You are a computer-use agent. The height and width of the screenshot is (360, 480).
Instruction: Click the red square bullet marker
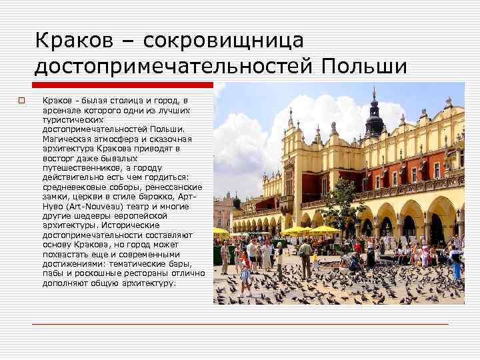(x=21, y=101)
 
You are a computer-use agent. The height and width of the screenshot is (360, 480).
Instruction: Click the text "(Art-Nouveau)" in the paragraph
(x=87, y=207)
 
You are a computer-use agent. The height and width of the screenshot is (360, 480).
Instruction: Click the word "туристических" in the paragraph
(x=71, y=119)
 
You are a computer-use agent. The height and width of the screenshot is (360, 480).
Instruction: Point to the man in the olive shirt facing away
(x=305, y=257)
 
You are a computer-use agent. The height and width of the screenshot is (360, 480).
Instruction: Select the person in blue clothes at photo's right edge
(x=456, y=264)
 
